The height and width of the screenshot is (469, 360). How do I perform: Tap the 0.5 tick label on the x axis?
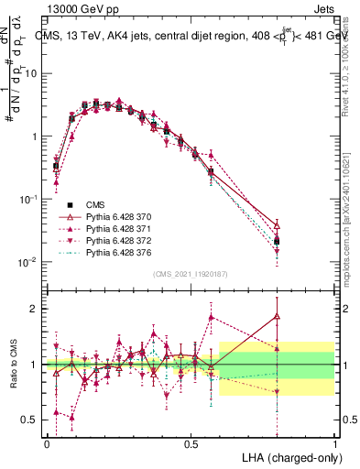pyautogui.click(x=191, y=443)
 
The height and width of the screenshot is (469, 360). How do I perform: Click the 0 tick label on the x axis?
pyautogui.click(x=47, y=443)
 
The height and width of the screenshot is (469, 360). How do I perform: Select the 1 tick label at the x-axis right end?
pyautogui.click(x=334, y=443)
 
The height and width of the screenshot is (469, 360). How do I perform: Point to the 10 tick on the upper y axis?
pyautogui.click(x=32, y=72)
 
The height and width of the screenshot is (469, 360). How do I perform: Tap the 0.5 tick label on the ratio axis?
pyautogui.click(x=32, y=420)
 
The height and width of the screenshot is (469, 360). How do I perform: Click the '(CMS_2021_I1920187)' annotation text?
pyautogui.click(x=190, y=274)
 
